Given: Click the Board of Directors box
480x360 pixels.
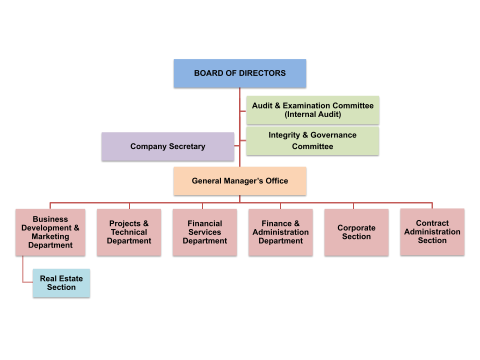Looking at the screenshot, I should (x=239, y=73).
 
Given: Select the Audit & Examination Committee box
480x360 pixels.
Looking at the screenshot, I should (x=312, y=110).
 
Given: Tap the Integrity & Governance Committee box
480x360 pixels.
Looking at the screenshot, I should (x=312, y=140).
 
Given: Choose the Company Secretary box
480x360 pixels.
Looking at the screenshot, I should (x=167, y=146).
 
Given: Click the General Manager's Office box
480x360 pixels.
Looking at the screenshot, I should (x=239, y=180).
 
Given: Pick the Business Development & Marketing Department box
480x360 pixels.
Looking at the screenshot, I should (x=50, y=232).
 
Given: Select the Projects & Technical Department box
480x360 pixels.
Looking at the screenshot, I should (x=129, y=232).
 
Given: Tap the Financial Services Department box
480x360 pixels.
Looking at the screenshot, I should (x=204, y=232).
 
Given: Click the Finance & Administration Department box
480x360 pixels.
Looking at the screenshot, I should (x=280, y=232).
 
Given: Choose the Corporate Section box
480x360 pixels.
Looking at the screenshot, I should (x=356, y=232).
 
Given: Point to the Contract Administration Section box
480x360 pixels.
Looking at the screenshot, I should (x=432, y=231).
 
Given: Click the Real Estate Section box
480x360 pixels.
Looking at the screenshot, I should (x=61, y=283).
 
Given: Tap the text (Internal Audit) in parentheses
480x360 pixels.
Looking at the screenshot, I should (x=312, y=114).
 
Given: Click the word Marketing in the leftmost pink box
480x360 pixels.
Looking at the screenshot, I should (x=50, y=236).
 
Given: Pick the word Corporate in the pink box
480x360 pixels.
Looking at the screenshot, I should (x=356, y=227).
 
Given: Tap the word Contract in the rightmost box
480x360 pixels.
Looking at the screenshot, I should (x=432, y=223).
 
